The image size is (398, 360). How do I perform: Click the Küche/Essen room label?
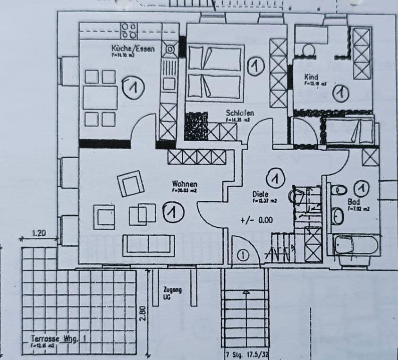[133, 48]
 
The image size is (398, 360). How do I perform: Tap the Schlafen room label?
[240, 113]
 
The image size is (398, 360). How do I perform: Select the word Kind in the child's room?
[312, 77]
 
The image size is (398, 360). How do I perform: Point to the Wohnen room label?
[185, 184]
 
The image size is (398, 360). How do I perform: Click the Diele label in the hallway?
[260, 193]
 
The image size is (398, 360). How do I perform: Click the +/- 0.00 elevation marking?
[256, 220]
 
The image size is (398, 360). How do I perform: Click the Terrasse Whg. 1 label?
[59, 339]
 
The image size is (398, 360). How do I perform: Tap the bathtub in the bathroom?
[356, 245]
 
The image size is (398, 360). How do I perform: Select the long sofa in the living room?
[149, 244]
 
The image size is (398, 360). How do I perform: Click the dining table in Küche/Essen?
[100, 98]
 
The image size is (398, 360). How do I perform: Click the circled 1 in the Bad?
[361, 189]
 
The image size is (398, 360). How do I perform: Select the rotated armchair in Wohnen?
[131, 183]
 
